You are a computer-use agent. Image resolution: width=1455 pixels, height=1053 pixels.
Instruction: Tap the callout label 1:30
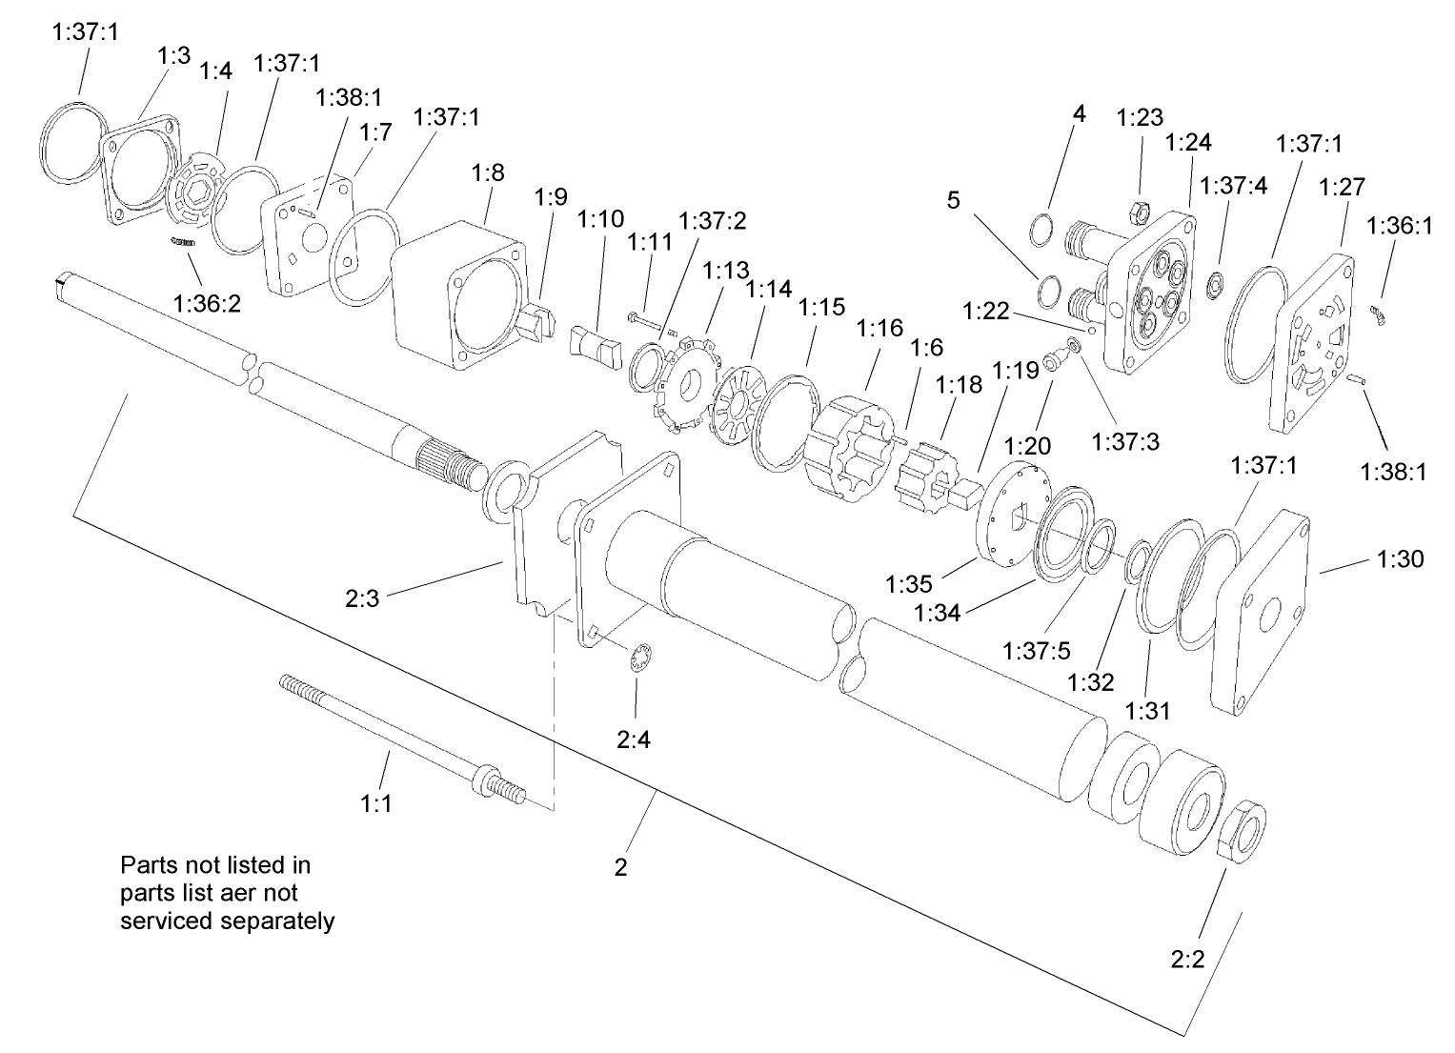1401,559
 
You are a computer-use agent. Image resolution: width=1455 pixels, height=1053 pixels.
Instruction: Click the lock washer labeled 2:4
641,658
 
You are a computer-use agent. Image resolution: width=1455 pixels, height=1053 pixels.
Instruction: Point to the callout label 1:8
488,173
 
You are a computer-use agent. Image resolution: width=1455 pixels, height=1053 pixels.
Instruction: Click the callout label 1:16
879,330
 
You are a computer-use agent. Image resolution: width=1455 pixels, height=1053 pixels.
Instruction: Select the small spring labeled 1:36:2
183,243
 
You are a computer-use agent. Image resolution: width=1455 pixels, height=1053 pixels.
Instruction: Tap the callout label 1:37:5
1038,650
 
